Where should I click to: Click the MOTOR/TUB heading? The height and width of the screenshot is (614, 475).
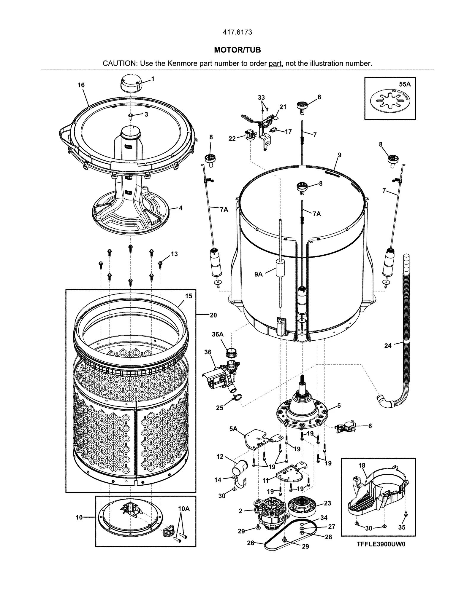[237, 50]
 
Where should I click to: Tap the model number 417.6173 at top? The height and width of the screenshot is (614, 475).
[237, 32]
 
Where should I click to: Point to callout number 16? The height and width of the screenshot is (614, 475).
[81, 85]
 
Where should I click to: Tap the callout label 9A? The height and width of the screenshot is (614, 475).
[259, 274]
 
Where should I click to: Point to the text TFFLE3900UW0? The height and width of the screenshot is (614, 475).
[381, 545]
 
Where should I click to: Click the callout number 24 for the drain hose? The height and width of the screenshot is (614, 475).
[388, 345]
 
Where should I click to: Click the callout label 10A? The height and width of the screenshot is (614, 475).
[183, 508]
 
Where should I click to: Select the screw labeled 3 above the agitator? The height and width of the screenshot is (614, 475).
[131, 115]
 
